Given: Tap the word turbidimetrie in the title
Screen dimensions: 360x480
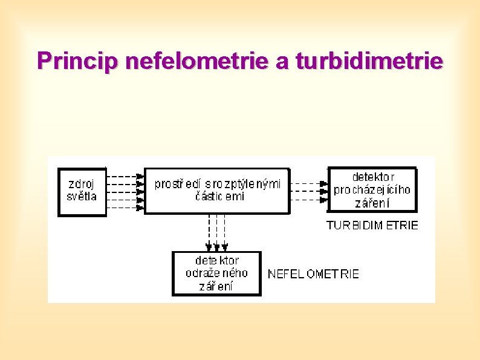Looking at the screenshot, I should pos(369,61).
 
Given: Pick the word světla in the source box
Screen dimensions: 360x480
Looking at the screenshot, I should pos(81,196).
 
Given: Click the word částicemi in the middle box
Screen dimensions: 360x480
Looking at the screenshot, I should pos(219,197).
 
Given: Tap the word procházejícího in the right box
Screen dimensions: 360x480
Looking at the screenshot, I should pos(372,190).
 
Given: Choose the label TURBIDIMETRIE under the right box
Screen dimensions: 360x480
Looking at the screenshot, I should pos(372,225).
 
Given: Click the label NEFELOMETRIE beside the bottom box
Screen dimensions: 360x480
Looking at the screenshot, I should pos(313,274).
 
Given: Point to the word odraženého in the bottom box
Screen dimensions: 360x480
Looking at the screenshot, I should pos(216,273).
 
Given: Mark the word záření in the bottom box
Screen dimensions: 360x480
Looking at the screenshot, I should pos(216,286).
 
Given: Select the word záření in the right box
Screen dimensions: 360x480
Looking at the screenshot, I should pos(372,203).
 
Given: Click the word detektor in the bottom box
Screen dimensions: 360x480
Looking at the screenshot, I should pos(216,261).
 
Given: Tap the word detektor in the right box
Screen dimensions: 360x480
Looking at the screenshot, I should pos(372,177).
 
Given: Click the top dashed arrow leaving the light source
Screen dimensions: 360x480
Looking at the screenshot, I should pos(125,176).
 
